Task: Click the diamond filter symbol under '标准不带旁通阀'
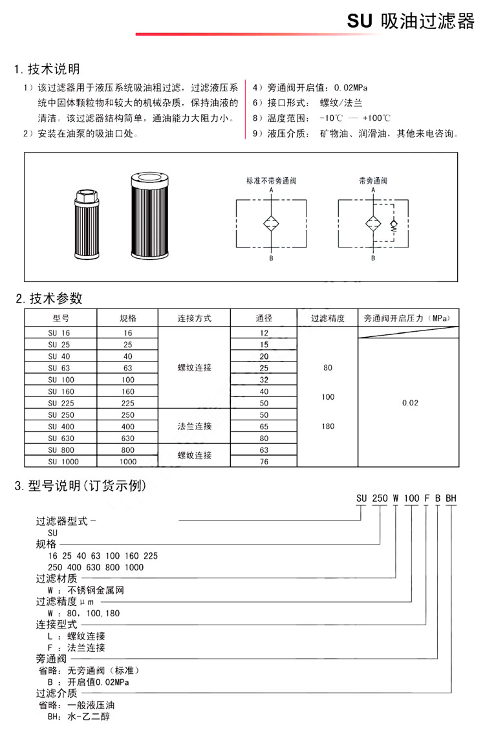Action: [x=271, y=224]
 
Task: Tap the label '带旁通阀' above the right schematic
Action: [x=373, y=180]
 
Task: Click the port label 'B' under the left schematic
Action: [x=271, y=258]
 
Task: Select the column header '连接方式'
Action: [x=194, y=318]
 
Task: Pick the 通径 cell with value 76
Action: [x=264, y=462]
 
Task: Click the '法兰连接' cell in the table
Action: [x=194, y=426]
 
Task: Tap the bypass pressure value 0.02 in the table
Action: [x=410, y=403]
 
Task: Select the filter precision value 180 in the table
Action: [x=327, y=426]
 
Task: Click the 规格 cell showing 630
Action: [x=127, y=438]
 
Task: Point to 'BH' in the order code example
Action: [x=451, y=498]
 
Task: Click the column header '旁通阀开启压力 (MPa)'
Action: [x=407, y=318]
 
